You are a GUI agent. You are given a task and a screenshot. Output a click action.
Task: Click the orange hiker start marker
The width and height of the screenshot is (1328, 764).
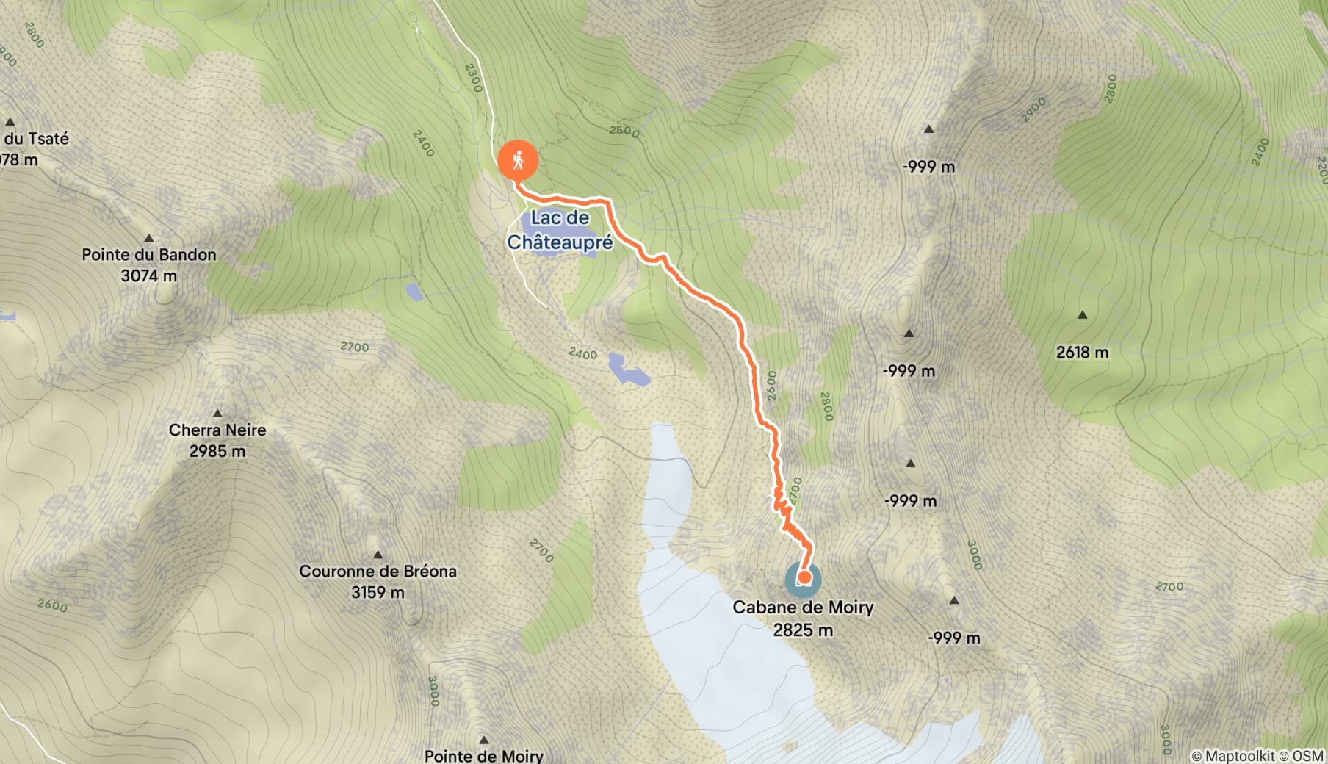click(518, 160)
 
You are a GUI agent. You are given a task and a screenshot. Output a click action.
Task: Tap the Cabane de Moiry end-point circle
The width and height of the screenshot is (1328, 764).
click(804, 578)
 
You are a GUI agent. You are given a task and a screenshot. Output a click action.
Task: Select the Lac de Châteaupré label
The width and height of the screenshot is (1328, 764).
click(560, 229)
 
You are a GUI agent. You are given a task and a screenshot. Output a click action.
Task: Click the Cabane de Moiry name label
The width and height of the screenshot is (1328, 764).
click(803, 608)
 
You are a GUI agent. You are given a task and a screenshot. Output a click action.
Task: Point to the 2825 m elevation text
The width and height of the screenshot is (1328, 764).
click(803, 630)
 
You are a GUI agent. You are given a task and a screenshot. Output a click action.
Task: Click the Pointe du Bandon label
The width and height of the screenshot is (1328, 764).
click(149, 255)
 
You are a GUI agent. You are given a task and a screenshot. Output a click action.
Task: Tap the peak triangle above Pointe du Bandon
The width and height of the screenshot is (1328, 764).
click(149, 238)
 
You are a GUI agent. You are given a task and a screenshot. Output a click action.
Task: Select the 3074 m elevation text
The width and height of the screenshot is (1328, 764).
click(149, 276)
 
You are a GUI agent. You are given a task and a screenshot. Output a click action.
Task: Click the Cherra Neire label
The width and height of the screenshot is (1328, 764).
click(217, 430)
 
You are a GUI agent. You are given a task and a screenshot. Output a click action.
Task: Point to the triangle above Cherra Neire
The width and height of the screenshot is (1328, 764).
click(217, 414)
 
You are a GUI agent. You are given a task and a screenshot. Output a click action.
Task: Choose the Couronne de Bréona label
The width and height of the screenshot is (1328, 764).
click(378, 571)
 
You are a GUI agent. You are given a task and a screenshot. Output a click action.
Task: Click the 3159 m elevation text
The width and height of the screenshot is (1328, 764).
click(378, 592)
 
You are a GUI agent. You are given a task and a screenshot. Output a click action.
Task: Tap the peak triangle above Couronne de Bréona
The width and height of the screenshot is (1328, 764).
click(378, 555)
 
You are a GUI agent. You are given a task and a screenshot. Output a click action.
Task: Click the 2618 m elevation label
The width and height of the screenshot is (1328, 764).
click(1082, 353)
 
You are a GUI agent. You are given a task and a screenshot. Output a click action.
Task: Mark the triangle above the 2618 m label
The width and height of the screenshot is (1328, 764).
click(1082, 315)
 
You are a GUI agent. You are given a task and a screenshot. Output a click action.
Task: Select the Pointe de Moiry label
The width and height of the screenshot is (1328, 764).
click(484, 755)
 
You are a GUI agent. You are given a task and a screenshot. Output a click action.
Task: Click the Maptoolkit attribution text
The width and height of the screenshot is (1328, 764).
click(1238, 755)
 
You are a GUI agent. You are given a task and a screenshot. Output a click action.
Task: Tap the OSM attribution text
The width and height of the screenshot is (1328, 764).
click(1308, 755)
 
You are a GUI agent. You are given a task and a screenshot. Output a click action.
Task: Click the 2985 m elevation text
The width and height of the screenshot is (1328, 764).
click(217, 451)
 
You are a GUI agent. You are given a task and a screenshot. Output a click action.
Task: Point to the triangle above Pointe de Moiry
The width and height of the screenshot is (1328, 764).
click(484, 740)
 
